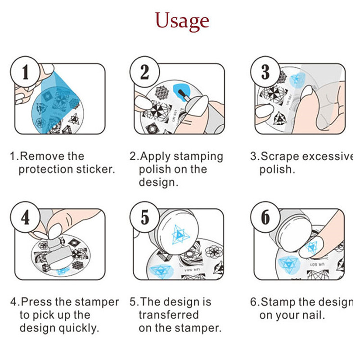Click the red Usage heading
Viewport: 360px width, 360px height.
coord(182,21)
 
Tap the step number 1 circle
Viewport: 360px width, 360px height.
coord(25,72)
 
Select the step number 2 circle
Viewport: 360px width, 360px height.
coord(144,72)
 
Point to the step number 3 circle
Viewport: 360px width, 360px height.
coord(265,72)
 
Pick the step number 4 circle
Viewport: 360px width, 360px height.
coord(25,217)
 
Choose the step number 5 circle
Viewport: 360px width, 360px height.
coord(144,217)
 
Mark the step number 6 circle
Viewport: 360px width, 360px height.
coord(265,217)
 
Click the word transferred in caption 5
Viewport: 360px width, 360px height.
coord(169,315)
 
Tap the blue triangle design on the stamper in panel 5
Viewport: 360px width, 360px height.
coord(181,234)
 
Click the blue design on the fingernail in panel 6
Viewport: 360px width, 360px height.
coord(311,247)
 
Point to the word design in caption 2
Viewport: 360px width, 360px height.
coord(158,183)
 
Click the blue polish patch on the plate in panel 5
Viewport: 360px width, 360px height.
coord(162,271)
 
